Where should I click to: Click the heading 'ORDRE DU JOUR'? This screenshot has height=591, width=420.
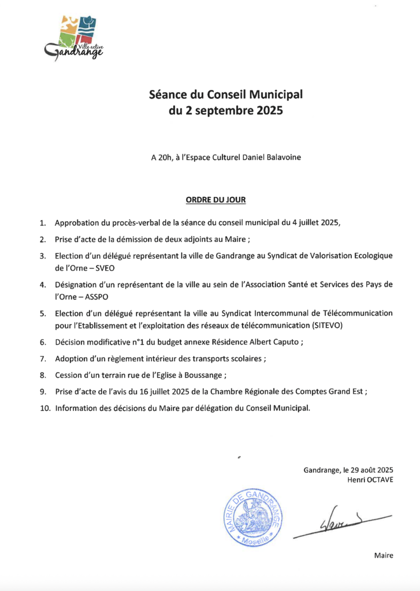click(215, 200)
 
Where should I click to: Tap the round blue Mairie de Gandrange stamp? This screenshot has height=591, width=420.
click(252, 517)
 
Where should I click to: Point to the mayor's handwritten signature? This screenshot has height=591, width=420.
click(341, 522)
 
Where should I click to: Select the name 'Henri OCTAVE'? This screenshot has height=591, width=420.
click(370, 480)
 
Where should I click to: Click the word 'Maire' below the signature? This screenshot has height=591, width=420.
click(384, 555)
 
